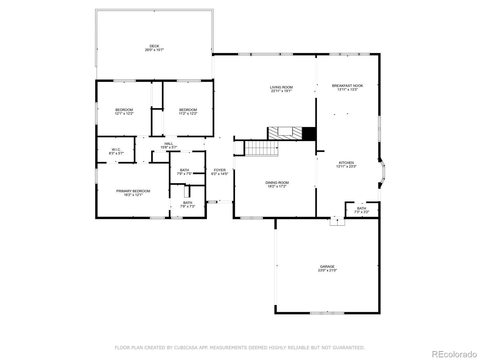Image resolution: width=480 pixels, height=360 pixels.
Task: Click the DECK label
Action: pos(154,46)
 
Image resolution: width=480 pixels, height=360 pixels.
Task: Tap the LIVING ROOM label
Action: pos(281,87)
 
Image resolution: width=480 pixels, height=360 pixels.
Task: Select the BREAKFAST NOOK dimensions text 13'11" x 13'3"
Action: pos(347,89)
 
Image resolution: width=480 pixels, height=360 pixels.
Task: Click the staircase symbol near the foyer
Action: pos(261,148)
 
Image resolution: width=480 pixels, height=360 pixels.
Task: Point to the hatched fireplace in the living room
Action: pos(284,133)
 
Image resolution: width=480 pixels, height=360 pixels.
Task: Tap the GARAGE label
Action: pos(327,266)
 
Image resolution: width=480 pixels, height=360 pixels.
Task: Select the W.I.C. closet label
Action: pos(116,149)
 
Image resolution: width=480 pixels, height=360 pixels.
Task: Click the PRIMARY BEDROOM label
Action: pos(133,191)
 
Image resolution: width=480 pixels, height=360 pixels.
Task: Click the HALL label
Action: pos(169,144)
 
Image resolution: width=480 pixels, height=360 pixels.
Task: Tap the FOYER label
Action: pos(220,170)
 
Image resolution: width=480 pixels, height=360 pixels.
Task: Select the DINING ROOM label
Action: pos(277,183)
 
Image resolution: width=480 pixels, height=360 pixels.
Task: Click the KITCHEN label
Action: pos(346,163)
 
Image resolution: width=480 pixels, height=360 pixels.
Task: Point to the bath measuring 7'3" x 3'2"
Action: pos(361,210)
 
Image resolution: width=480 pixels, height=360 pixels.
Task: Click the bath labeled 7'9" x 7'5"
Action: pos(184,172)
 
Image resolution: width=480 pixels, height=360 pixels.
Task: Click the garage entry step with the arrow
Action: pos(337,222)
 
